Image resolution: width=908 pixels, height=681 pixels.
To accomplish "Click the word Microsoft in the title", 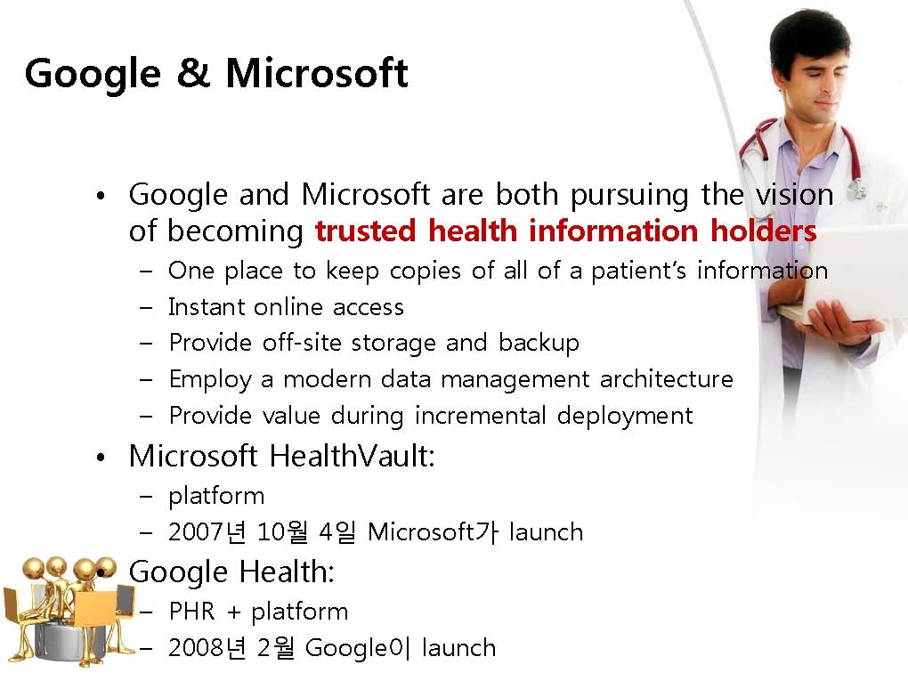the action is point(317,73).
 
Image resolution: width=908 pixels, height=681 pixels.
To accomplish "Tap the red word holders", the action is point(763,230).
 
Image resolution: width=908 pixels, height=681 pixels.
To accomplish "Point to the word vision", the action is point(794,194).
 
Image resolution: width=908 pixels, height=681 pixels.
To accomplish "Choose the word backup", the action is point(539,344).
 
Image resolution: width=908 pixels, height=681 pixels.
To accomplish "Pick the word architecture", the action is point(667,379).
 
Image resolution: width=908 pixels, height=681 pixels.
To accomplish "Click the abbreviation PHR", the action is point(191,611).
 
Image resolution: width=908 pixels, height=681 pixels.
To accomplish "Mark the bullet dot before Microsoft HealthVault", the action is point(101,458).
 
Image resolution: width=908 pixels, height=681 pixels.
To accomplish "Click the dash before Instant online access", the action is point(146,308).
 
